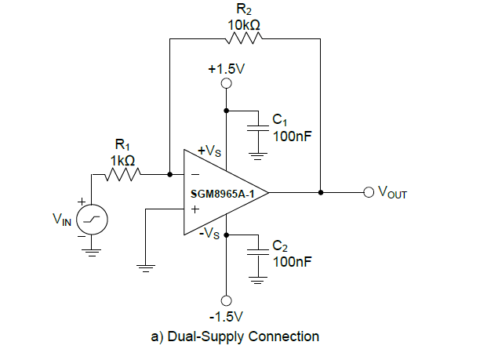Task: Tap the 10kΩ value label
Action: [x=245, y=24]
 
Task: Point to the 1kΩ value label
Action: [x=124, y=159]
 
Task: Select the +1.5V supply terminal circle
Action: [x=227, y=85]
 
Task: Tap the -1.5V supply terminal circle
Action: [x=227, y=300]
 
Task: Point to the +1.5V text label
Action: [x=227, y=69]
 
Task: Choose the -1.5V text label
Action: [x=227, y=317]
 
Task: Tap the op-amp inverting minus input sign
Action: [x=195, y=175]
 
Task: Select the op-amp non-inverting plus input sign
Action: [x=195, y=209]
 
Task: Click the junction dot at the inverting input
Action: [x=170, y=174]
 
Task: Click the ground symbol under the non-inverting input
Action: [x=144, y=267]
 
